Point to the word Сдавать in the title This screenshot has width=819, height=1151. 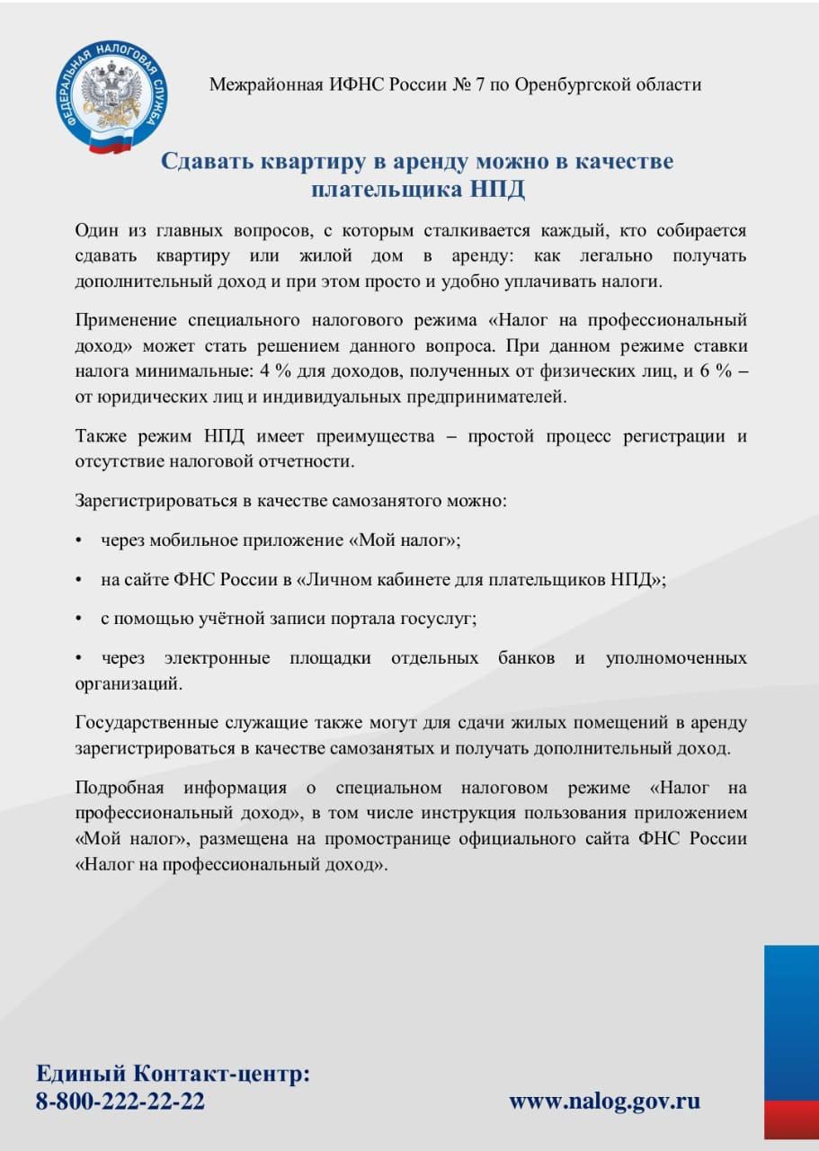tap(206, 162)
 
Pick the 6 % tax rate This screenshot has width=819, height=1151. tap(712, 370)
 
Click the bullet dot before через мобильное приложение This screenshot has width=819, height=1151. tap(79, 540)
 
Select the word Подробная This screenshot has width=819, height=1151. tap(120, 789)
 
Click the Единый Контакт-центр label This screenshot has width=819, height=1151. tap(174, 1074)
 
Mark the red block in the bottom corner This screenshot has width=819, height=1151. tap(791, 1119)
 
